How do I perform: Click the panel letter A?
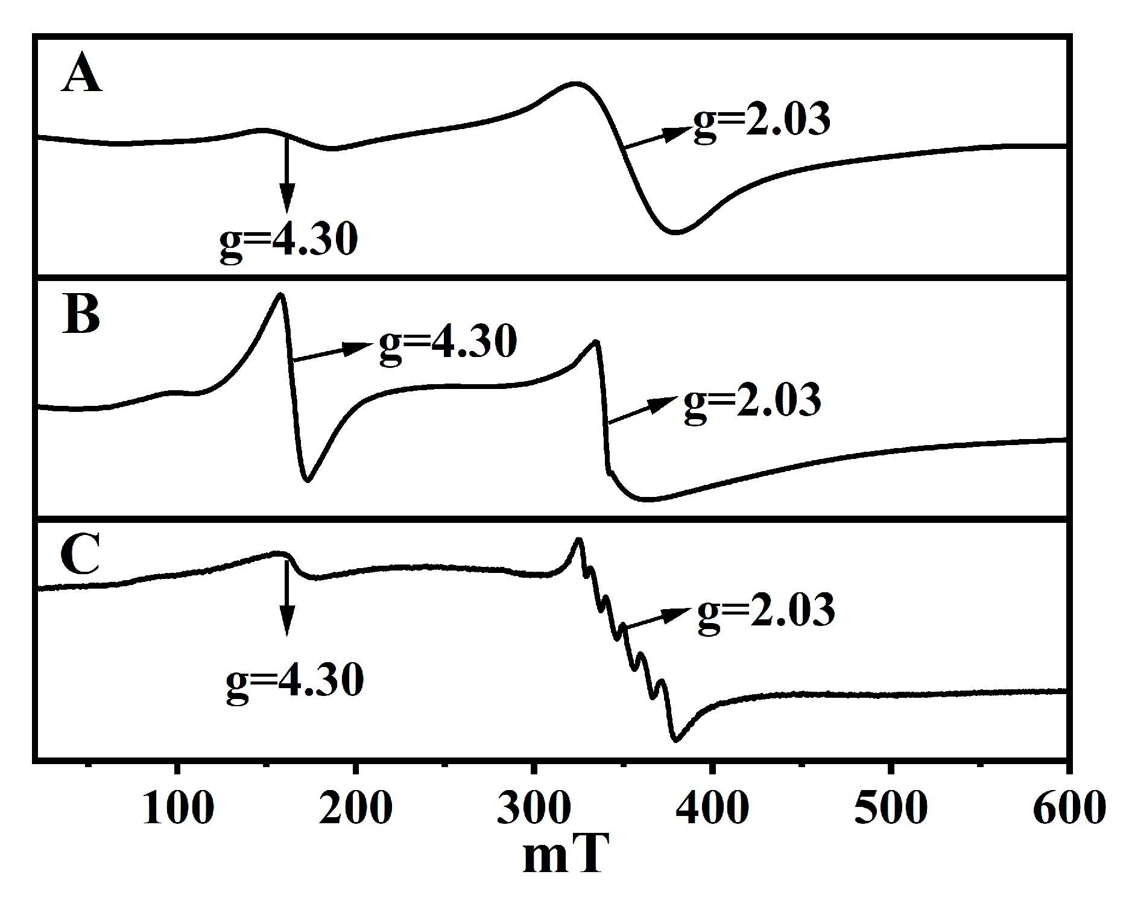[81, 74]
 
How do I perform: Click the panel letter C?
[80, 554]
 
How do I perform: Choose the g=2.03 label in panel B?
[752, 402]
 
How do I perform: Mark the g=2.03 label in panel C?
[766, 612]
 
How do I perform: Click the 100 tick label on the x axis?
[178, 808]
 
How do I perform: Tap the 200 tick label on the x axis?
[356, 808]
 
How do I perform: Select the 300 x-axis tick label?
[534, 808]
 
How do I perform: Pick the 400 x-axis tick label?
[712, 808]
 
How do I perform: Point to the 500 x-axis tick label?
[891, 808]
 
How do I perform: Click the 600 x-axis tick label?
[1069, 808]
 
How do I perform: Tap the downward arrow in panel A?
[287, 175]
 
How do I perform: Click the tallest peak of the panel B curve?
[280, 294]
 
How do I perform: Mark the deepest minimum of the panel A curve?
[675, 232]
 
